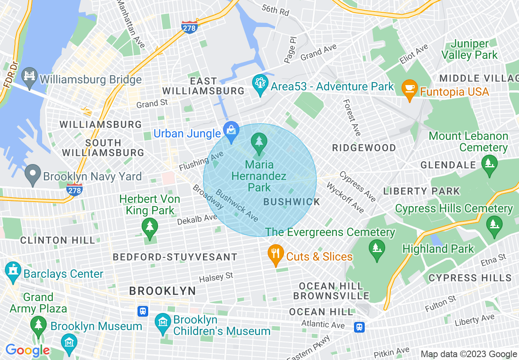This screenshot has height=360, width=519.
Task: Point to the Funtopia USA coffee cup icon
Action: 409,89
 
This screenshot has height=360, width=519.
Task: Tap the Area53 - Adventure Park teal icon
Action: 260,84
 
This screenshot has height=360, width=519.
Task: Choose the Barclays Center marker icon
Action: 13,271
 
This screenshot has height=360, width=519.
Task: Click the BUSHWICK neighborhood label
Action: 292,202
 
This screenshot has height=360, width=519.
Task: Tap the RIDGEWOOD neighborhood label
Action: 364,148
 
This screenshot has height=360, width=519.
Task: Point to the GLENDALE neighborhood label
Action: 448,165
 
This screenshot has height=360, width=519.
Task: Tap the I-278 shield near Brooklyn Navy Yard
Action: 74,189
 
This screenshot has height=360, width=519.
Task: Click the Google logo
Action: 27,350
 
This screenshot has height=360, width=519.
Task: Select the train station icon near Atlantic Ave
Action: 359,326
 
